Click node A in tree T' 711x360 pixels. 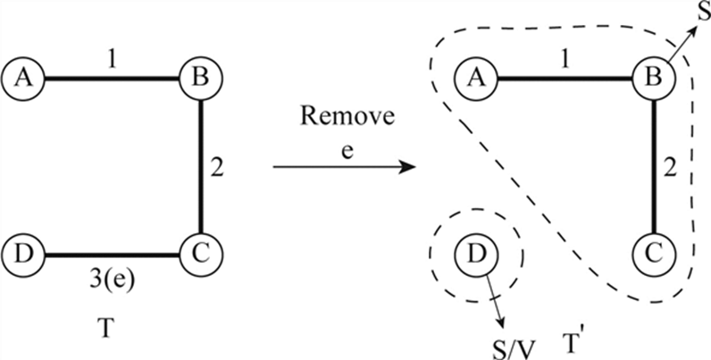coord(476,78)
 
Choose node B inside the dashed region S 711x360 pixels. coord(654,78)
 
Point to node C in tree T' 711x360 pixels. coord(654,255)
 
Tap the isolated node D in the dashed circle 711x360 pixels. coord(476,256)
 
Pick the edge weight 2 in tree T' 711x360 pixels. coord(671,166)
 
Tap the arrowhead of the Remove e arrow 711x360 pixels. coord(408,167)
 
